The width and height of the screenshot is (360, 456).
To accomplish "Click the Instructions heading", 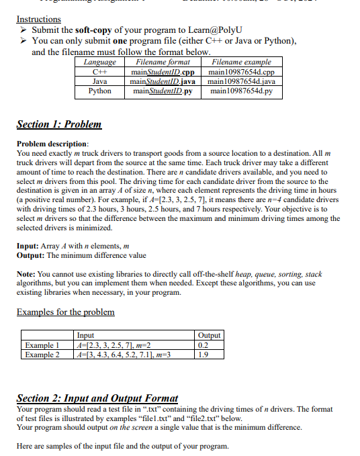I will pos(38,19).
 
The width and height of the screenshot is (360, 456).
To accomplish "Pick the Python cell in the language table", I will pos(99,91).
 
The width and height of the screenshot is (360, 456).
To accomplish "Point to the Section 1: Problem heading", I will pos(58,124).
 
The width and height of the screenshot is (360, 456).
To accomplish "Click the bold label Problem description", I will pos(52,144).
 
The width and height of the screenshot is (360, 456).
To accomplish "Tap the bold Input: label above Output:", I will pos(29,246).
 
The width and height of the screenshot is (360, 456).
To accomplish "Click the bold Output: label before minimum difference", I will pos(32,255).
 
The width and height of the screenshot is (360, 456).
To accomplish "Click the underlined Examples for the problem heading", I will pos(64,312).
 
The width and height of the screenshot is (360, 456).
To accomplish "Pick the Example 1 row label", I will pos(42,345).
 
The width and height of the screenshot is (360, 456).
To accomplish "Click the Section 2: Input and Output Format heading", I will pos(97,399).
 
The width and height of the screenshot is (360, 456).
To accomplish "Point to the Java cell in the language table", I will pos(99,81).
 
